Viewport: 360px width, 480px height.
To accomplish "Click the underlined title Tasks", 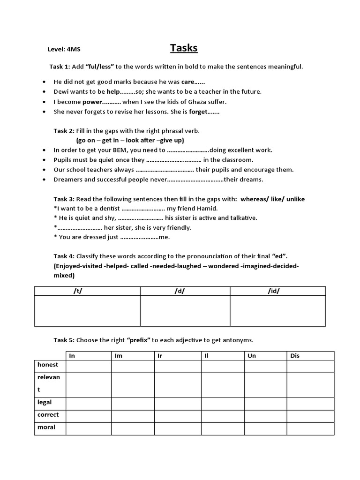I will click(x=183, y=48).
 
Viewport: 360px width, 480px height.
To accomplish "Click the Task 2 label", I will click(x=64, y=131).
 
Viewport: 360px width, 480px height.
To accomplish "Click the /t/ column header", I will click(x=78, y=291).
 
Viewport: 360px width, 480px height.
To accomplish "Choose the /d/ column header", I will click(x=180, y=291).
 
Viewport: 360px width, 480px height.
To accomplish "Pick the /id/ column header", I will click(x=274, y=291).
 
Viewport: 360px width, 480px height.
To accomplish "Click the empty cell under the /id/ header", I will click(x=277, y=311).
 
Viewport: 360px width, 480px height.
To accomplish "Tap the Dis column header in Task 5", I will click(x=295, y=356).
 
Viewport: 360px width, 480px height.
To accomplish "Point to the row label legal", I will click(x=45, y=402).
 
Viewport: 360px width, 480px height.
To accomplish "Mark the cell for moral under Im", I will click(x=133, y=428).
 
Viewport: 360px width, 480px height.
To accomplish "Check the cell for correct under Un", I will click(x=265, y=415).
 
